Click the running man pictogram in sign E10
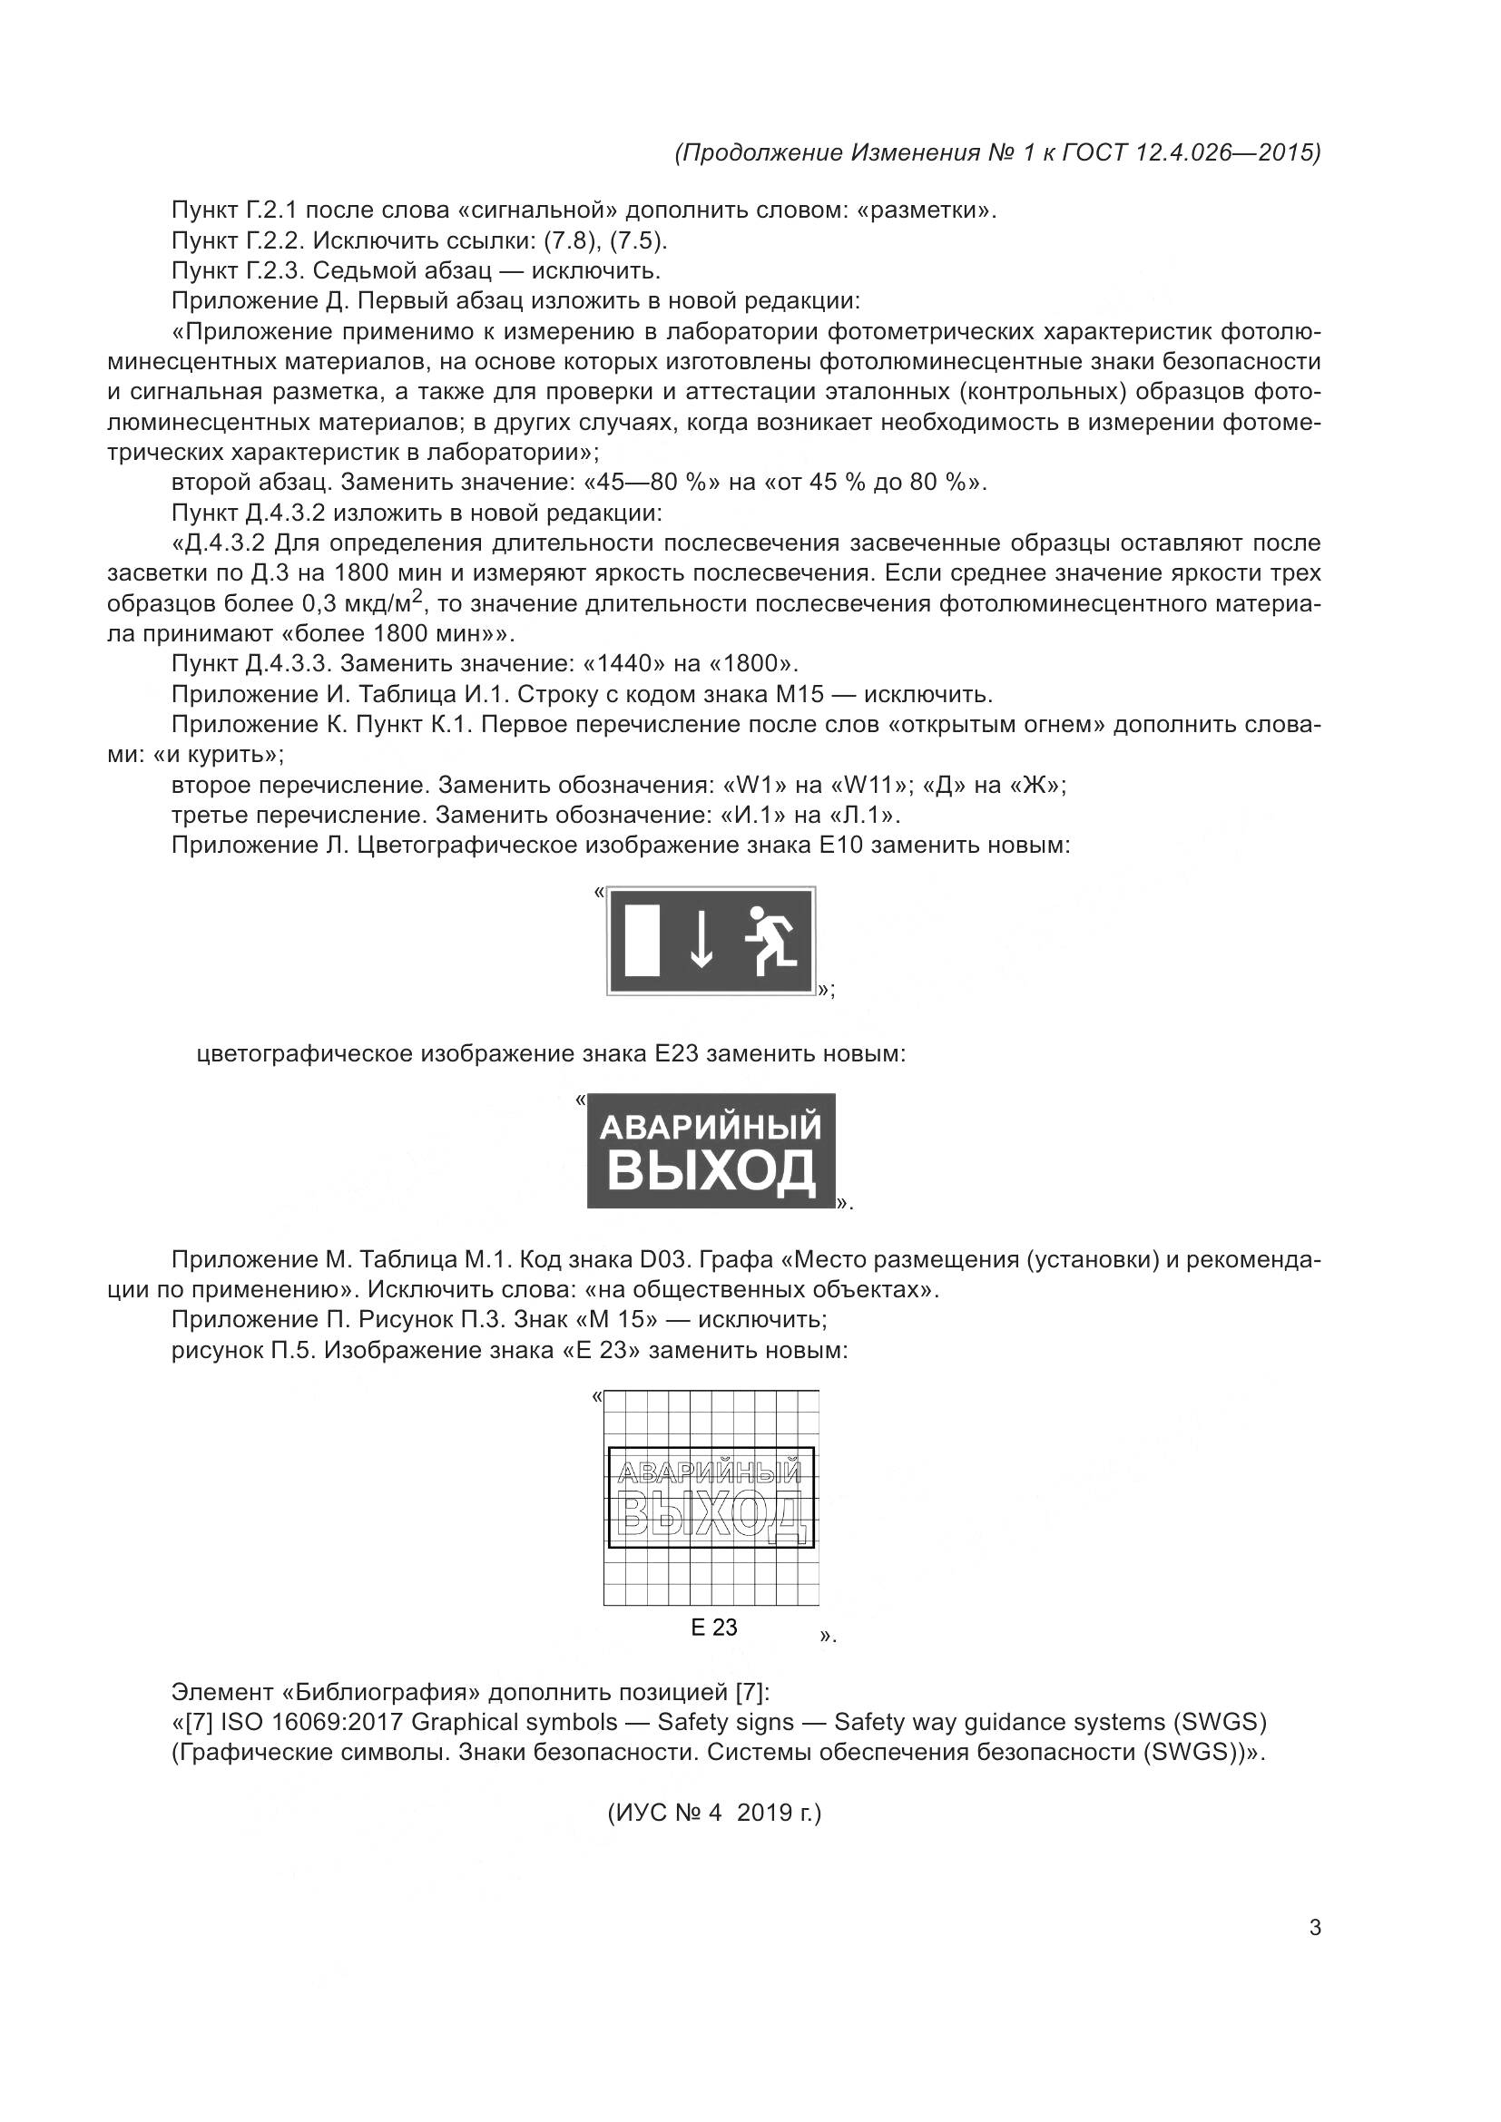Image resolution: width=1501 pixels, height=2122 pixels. pos(770,940)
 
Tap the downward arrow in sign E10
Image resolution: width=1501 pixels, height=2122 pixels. pos(702,940)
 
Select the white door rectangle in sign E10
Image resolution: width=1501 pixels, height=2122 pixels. pos(642,940)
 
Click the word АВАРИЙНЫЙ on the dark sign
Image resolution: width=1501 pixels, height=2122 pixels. pos(711,1128)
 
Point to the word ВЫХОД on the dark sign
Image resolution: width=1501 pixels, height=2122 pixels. pos(711,1172)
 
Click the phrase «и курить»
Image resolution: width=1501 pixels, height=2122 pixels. pos(217,755)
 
